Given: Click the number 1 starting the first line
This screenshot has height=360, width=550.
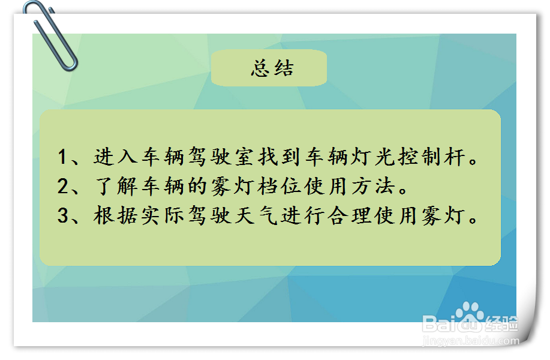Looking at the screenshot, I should point(64,158).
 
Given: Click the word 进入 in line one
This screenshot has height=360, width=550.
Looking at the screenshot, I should point(115,158).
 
